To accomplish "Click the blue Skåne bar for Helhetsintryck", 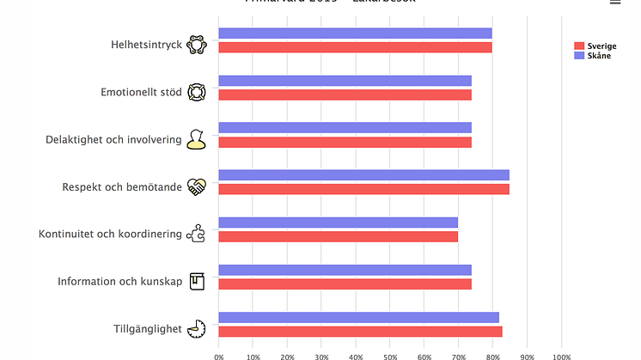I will click(355, 34).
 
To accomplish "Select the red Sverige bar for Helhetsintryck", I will click(355, 47).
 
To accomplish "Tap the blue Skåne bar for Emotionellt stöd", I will click(345, 81).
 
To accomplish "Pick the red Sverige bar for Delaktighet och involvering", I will click(345, 142).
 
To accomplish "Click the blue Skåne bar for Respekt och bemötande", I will click(363, 175).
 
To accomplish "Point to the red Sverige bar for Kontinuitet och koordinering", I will click(338, 236).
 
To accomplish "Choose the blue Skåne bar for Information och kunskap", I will click(345, 270).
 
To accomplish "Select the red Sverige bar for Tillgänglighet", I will click(360, 331).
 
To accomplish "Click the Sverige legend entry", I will click(595, 46).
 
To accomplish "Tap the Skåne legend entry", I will click(593, 55).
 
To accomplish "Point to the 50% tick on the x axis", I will click(390, 356).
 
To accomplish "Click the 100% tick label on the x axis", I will click(561, 356).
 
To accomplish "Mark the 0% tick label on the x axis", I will click(219, 356).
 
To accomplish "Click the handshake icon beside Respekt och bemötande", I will click(197, 186).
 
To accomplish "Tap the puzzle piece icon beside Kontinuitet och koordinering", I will click(196, 233).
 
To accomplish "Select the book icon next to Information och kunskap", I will click(197, 280).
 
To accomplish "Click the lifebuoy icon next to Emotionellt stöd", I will click(197, 92).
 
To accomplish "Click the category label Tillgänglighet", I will click(148, 328).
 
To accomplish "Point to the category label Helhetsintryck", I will click(146, 45).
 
